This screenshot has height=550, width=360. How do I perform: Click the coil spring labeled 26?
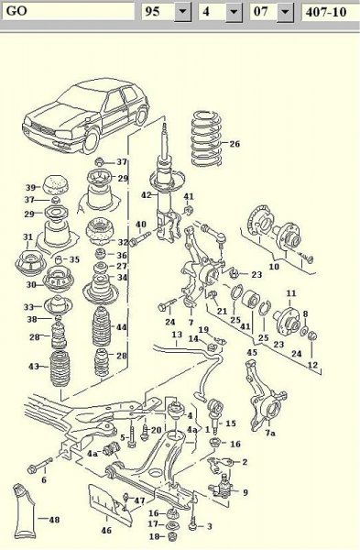tap(207, 138)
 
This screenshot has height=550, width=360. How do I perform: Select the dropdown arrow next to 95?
tap(182, 12)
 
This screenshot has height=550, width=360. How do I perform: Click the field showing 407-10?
tap(330, 12)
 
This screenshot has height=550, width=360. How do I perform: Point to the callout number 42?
tap(147, 195)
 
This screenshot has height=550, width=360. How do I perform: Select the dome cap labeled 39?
tap(56, 184)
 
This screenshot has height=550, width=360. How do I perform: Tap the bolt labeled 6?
tap(39, 465)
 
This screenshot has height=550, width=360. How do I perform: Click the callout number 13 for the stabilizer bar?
tap(177, 335)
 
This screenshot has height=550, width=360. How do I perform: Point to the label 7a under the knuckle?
tap(270, 433)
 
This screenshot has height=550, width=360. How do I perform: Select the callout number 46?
tap(106, 530)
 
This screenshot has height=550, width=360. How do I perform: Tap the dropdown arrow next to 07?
tap(286, 12)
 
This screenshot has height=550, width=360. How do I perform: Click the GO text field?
tap(69, 11)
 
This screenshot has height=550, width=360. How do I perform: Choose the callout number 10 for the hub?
tap(274, 266)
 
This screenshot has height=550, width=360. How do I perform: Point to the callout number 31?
tap(27, 237)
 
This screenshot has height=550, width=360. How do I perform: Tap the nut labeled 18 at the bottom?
tap(172, 536)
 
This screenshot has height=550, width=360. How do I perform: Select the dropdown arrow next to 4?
tap(234, 12)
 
